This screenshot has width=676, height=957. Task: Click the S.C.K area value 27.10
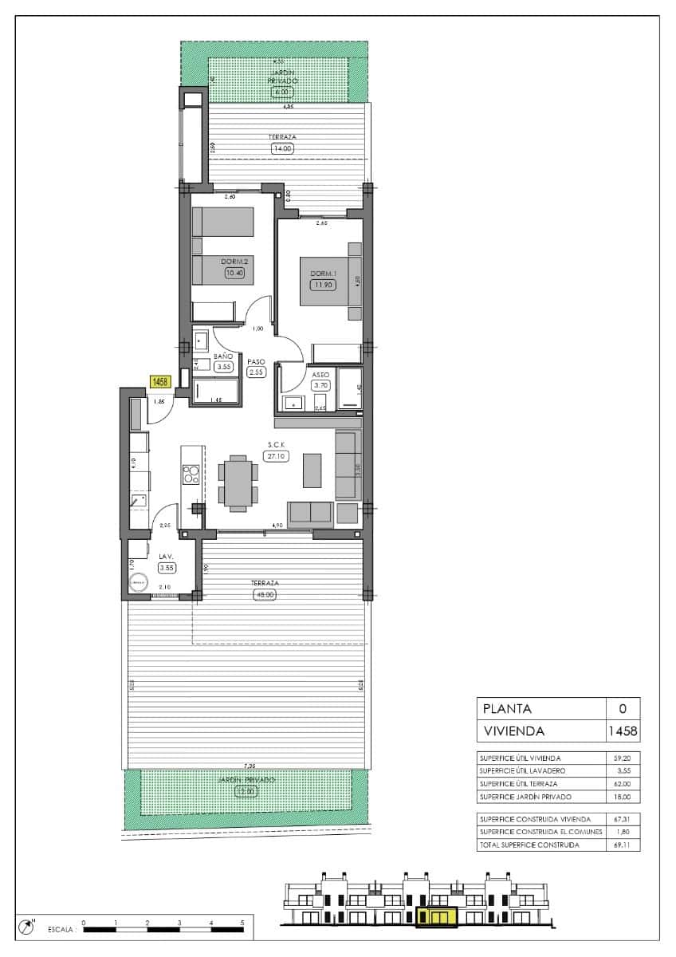coord(276,456)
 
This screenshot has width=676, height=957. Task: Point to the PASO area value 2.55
coord(256,372)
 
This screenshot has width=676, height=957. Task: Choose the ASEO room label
coord(321,373)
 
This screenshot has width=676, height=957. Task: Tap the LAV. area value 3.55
coord(167,568)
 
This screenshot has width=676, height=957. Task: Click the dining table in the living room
coord(238,482)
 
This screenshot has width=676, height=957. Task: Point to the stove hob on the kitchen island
coord(191,475)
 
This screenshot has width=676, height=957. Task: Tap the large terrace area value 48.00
coord(265,594)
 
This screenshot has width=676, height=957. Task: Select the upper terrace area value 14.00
coord(283,148)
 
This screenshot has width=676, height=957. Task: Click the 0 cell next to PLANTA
coord(622,708)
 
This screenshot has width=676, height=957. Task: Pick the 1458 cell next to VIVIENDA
coord(622,731)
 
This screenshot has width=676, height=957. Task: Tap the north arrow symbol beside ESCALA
coord(29,926)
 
